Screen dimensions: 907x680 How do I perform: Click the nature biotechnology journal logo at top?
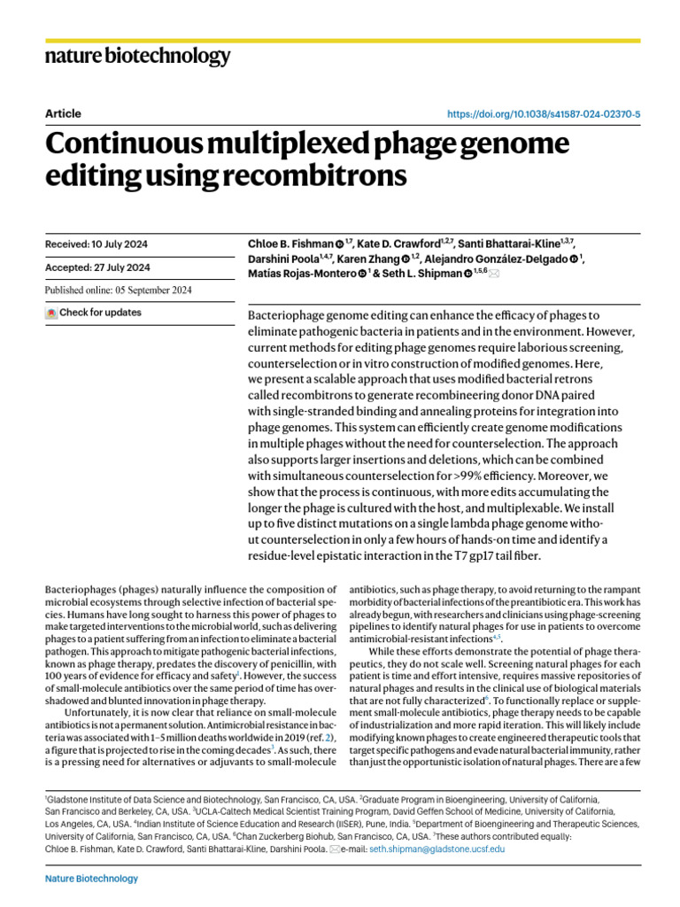pyautogui.click(x=137, y=57)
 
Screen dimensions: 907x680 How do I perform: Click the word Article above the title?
pyautogui.click(x=63, y=113)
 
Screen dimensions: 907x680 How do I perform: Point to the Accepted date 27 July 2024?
pyautogui.click(x=97, y=267)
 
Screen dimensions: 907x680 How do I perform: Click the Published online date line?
pyautogui.click(x=118, y=291)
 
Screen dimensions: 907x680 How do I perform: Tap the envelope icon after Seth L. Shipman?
pyautogui.click(x=494, y=275)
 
